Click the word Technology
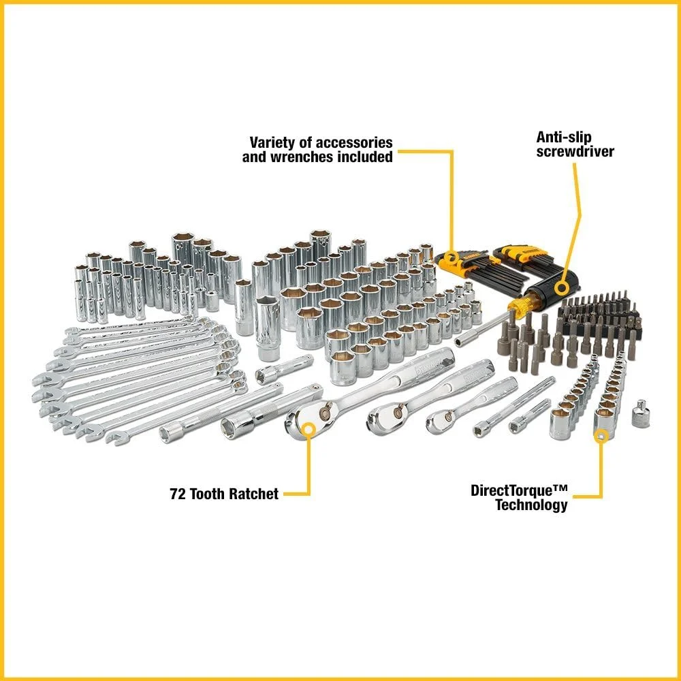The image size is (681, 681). (530, 505)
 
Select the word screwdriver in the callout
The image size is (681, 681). (575, 151)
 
